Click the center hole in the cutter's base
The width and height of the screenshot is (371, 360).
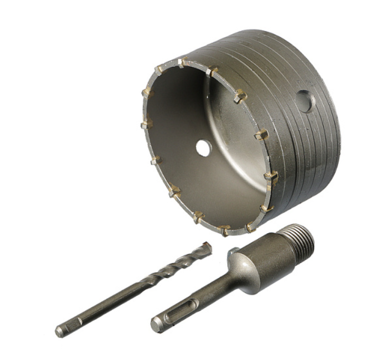pos(203,148)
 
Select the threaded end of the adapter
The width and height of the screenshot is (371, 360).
pos(297,239)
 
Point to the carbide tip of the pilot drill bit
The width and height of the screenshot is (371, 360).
pos(207,247)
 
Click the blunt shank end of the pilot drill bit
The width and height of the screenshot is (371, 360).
pos(60,332)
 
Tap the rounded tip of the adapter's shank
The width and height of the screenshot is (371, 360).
pos(155,325)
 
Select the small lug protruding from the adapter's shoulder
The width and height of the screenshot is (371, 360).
pos(231,252)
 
